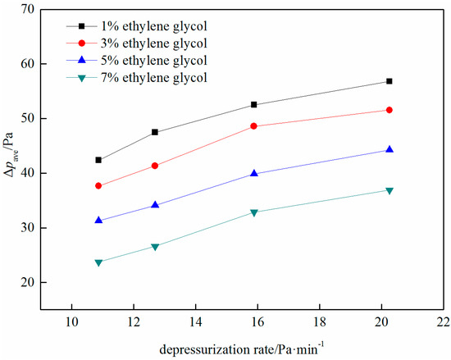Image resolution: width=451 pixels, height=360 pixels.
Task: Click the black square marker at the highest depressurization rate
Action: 389,81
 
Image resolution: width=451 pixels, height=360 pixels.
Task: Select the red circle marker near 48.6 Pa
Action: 253,126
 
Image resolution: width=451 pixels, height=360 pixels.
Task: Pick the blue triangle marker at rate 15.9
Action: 253,173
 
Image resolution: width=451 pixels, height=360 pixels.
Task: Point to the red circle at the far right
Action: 389,110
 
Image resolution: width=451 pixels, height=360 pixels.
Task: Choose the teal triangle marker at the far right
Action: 389,190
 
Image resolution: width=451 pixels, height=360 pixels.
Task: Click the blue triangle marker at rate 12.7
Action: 154,205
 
